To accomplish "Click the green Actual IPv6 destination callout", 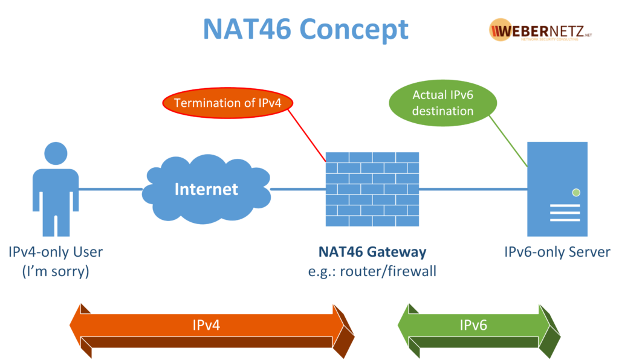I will (x=442, y=103).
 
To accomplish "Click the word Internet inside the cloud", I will (x=206, y=189).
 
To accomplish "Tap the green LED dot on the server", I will (x=576, y=193).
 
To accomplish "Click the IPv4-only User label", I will (x=56, y=251).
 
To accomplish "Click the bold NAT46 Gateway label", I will (x=372, y=251).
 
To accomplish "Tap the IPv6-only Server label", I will (x=557, y=251).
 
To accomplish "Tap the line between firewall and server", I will (x=472, y=189).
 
